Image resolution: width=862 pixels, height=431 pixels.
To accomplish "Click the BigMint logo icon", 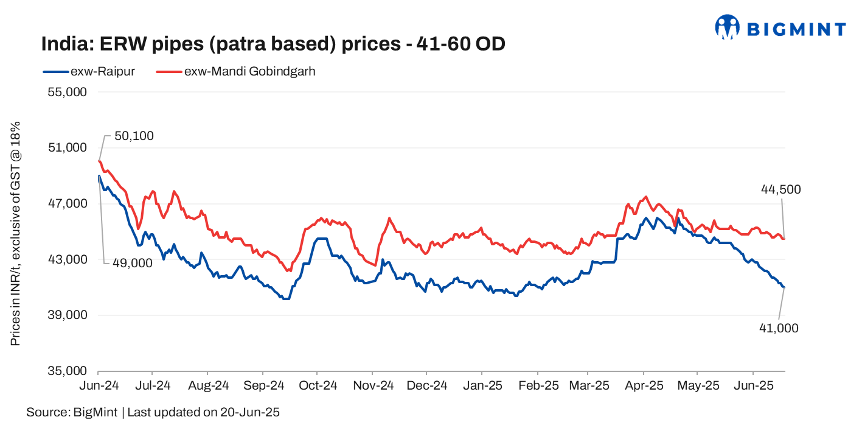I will click(x=727, y=27).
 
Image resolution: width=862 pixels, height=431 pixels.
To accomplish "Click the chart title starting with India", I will click(x=273, y=44).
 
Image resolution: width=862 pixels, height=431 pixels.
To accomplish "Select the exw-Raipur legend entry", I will click(x=89, y=71).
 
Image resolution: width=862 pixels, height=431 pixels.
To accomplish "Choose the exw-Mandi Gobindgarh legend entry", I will click(x=236, y=71).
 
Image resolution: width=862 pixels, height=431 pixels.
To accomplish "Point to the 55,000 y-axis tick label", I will click(x=67, y=92).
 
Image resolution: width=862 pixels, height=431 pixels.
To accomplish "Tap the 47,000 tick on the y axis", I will click(x=67, y=203).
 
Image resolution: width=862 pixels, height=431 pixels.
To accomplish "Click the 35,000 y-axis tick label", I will click(x=67, y=371).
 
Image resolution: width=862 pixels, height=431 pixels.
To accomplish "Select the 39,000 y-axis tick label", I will click(x=67, y=315).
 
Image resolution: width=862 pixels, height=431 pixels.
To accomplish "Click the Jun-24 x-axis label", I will click(x=98, y=385).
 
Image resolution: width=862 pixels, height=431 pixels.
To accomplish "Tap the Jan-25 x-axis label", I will click(x=481, y=385).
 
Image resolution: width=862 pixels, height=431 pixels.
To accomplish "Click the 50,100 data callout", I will click(x=134, y=136).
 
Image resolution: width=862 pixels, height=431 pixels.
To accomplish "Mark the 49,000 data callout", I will click(x=132, y=263).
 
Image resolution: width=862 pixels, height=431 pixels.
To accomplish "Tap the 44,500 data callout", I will click(x=780, y=189).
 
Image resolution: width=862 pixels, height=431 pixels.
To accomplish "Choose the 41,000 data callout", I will click(x=779, y=328).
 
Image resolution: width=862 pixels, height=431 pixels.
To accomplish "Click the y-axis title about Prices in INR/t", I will click(x=16, y=233).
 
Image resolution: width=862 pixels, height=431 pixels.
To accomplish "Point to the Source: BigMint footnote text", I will click(x=153, y=412).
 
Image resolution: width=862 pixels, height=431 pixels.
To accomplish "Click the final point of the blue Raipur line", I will click(x=785, y=287).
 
